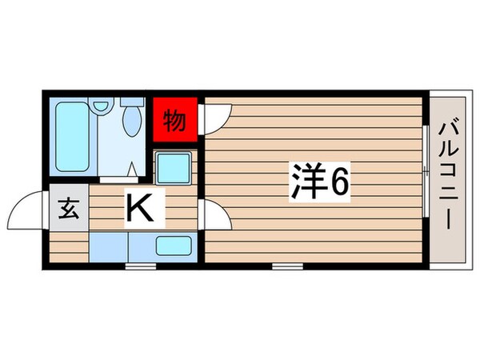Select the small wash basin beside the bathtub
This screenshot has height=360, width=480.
click(x=102, y=105)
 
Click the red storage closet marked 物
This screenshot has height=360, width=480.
click(x=175, y=120)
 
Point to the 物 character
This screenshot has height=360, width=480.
click(x=175, y=121)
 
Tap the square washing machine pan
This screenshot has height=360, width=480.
click(x=173, y=168)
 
